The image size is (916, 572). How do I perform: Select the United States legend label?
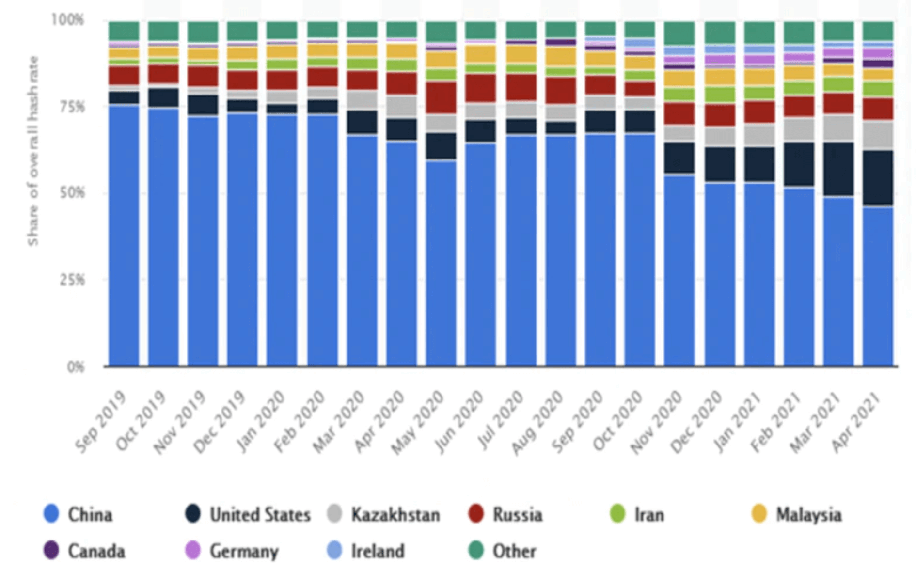coord(260,514)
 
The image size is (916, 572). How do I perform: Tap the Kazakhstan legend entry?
coord(395,514)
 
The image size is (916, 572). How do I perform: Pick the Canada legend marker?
coord(51,551)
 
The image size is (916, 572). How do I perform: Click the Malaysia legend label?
coord(808,514)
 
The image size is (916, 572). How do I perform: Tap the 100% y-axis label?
coord(68,20)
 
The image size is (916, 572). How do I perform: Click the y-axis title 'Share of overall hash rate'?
coord(33,150)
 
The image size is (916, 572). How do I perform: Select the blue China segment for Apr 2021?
coord(878,286)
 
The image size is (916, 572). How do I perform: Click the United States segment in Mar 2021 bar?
coord(838,169)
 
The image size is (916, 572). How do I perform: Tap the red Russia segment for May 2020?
coord(441,97)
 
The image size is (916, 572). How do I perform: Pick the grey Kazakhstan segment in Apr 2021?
coord(878,135)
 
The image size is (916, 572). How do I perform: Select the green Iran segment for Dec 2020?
coord(719,94)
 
